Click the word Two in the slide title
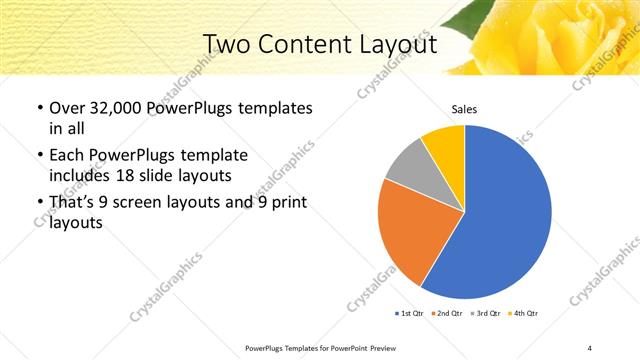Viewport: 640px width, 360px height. pos(227,44)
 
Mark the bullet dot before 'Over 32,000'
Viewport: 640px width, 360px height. pos(39,108)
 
